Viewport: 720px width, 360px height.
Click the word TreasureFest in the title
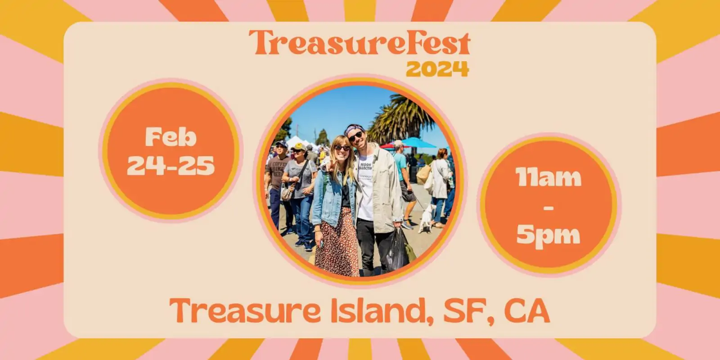(x=360, y=44)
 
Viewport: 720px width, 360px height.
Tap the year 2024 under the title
(x=437, y=69)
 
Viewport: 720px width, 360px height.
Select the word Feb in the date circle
(x=171, y=137)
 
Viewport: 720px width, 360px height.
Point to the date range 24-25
(x=171, y=166)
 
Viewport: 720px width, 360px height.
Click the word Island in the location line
(x=382, y=310)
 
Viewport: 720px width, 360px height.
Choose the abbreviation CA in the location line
(x=527, y=310)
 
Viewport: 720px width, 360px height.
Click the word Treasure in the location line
(x=245, y=310)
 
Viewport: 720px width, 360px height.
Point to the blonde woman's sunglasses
(x=342, y=148)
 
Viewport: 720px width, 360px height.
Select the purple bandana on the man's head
(x=354, y=130)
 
